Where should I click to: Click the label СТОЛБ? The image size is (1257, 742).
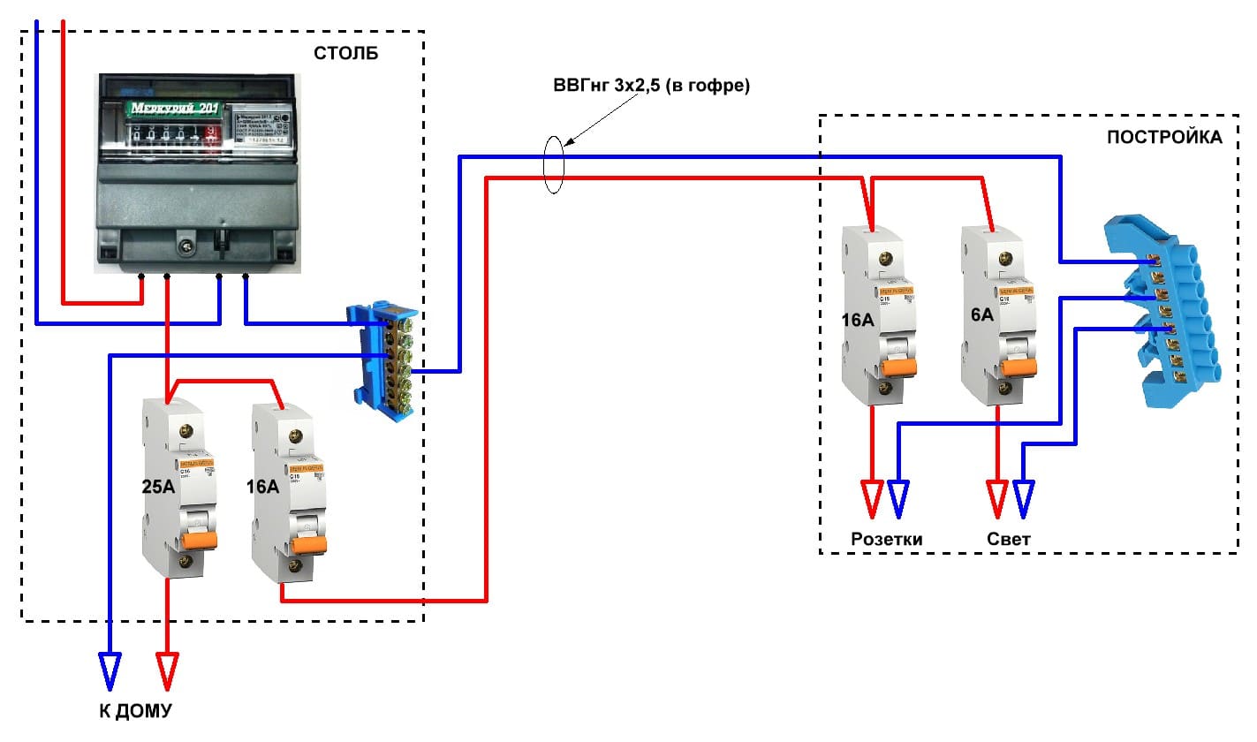[x=345, y=54]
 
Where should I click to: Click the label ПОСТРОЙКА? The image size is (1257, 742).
[x=1164, y=137]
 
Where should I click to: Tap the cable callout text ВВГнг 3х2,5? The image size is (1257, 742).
[x=651, y=87]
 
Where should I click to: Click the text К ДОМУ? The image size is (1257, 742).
[x=135, y=711]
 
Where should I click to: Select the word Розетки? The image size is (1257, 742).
[x=886, y=538]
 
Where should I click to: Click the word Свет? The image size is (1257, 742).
[x=1009, y=538]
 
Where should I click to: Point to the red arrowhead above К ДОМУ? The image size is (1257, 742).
[x=167, y=669]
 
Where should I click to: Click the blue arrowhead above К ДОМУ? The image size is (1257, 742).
[x=110, y=669]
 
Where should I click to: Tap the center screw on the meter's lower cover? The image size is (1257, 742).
[x=186, y=243]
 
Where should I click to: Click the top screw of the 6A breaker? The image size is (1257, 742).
[x=1003, y=259]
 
